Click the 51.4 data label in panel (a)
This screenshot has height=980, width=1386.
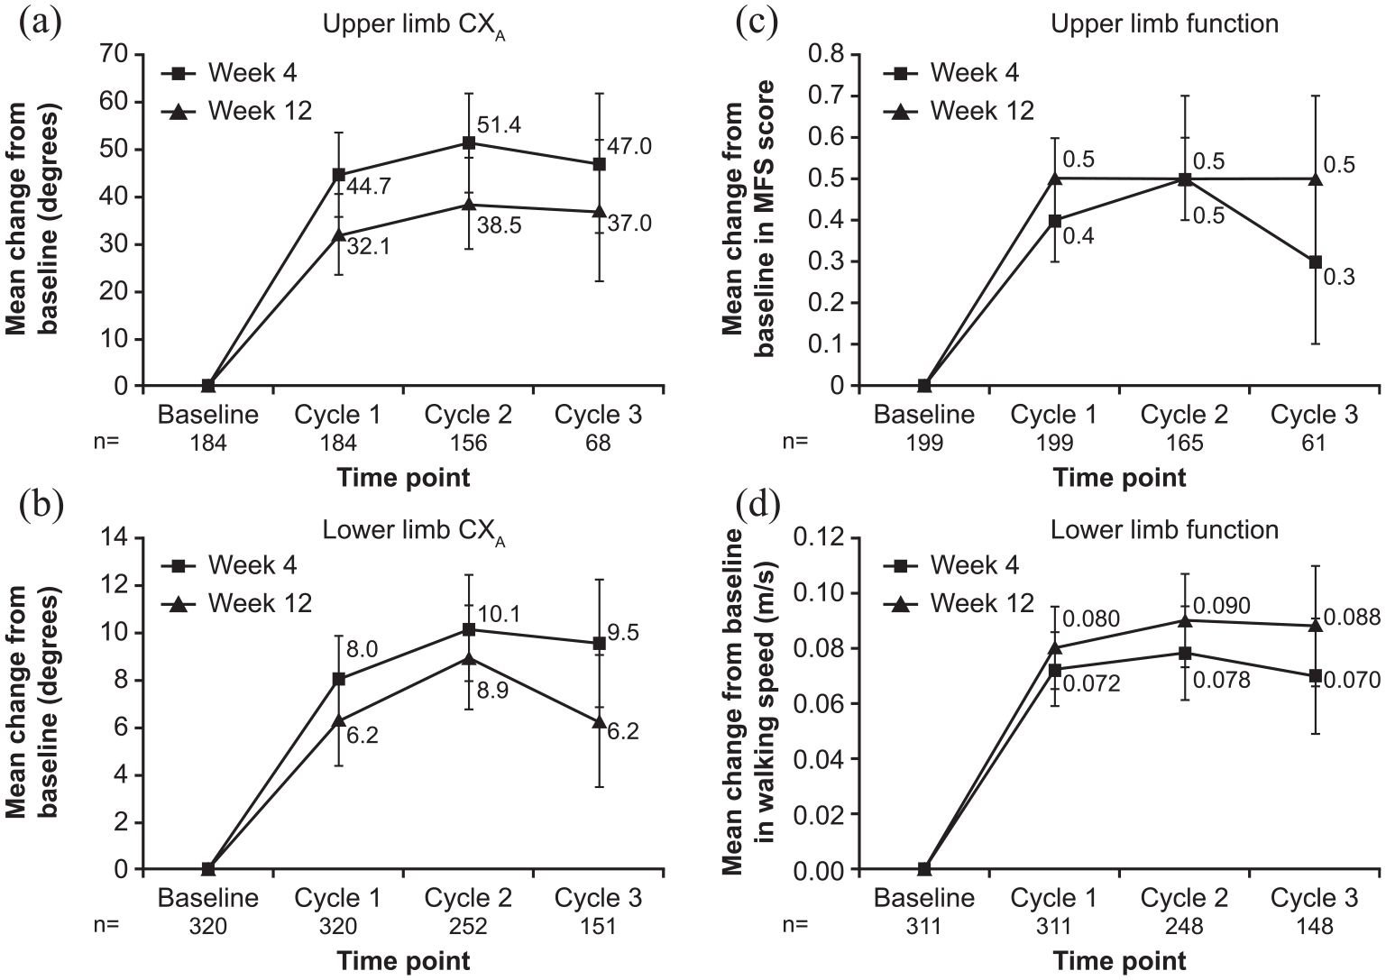pyautogui.click(x=499, y=125)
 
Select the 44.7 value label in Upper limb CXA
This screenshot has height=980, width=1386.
pyautogui.click(x=368, y=186)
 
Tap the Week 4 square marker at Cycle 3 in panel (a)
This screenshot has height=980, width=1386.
pyautogui.click(x=599, y=165)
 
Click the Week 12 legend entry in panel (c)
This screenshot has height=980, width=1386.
pyautogui.click(x=959, y=112)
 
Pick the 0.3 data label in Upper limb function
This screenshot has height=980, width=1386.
pyautogui.click(x=1339, y=277)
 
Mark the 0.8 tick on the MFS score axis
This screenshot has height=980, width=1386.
pyautogui.click(x=826, y=54)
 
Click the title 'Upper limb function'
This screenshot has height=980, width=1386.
pyautogui.click(x=1164, y=23)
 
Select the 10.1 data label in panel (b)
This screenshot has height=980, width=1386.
pyautogui.click(x=499, y=614)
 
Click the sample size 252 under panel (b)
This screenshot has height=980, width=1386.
pyautogui.click(x=468, y=926)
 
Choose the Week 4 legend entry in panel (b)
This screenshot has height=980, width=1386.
pyautogui.click(x=230, y=565)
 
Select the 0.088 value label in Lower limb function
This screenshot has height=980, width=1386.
pyautogui.click(x=1352, y=618)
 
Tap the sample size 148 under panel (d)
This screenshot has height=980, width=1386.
pyautogui.click(x=1313, y=926)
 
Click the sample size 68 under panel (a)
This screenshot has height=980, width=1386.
pyautogui.click(x=598, y=443)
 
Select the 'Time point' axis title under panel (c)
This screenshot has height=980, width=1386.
pyautogui.click(x=1120, y=478)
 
